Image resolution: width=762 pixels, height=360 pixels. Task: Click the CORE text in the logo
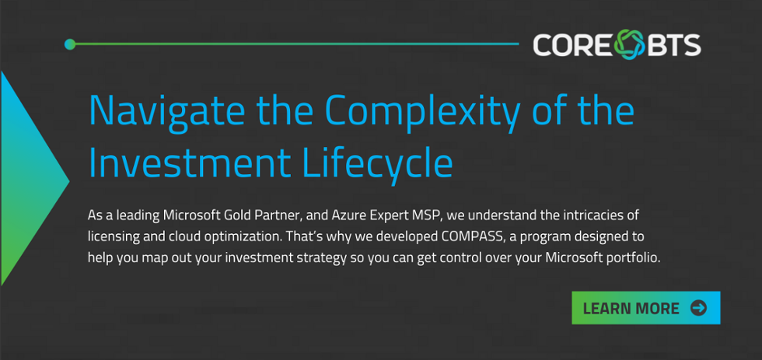572,45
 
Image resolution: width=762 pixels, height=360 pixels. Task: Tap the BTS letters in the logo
675,45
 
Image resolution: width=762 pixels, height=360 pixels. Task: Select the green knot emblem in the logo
629,44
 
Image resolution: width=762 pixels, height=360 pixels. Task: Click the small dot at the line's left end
70,44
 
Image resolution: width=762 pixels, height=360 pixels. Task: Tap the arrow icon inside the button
698,308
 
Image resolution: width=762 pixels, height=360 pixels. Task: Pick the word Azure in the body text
347,215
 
